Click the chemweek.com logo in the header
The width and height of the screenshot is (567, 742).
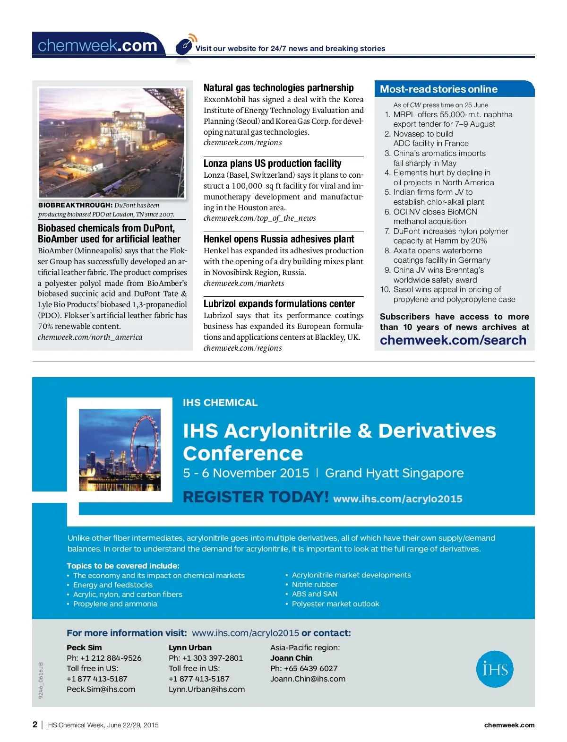[97, 45]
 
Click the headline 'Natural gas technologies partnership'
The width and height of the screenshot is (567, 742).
[278, 88]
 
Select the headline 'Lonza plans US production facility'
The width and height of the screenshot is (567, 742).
[272, 164]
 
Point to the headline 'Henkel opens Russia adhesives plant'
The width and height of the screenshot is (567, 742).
[279, 239]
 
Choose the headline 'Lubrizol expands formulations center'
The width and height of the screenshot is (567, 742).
[279, 304]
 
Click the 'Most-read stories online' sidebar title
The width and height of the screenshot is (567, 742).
[438, 89]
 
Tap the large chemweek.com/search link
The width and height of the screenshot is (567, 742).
[453, 340]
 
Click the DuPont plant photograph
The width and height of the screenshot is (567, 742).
[112, 143]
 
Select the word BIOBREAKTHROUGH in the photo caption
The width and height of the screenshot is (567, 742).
[75, 206]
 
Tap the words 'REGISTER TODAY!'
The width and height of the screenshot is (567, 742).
[256, 497]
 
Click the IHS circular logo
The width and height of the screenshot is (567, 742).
[495, 669]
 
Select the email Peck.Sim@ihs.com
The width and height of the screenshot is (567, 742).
[101, 690]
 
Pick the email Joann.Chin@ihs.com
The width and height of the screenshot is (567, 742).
[308, 679]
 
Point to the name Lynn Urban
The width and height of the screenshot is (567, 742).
[190, 648]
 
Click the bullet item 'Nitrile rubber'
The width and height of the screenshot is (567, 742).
[315, 585]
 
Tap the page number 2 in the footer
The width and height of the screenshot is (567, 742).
[35, 725]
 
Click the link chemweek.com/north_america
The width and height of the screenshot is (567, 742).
[90, 337]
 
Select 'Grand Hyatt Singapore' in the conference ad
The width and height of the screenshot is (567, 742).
[394, 473]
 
